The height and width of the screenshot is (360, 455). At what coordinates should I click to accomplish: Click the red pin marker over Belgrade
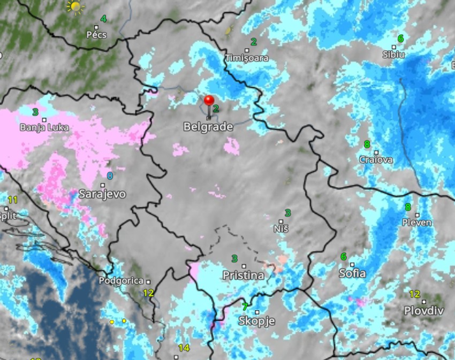click(209, 101)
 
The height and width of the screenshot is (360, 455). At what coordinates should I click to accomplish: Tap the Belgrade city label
click(208, 127)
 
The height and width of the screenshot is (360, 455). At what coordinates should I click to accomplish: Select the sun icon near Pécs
click(75, 7)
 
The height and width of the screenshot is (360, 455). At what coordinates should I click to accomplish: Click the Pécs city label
click(96, 35)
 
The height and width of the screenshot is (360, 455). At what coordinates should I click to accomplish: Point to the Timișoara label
click(247, 58)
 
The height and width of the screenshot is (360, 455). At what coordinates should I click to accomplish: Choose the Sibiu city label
click(393, 54)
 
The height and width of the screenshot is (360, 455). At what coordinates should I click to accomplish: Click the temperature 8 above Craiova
click(367, 144)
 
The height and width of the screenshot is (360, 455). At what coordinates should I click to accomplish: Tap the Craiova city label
click(376, 159)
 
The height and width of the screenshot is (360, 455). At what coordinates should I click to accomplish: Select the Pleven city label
click(417, 222)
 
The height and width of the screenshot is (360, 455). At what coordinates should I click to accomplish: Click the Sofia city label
click(352, 273)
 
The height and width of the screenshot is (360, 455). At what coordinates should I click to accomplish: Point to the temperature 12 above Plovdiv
click(414, 294)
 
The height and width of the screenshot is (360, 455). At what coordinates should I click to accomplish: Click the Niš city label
click(281, 228)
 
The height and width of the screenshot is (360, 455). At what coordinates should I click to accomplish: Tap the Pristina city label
click(244, 275)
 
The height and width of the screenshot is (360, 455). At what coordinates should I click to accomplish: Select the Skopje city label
click(256, 321)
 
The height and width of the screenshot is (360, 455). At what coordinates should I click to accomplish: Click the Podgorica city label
click(121, 281)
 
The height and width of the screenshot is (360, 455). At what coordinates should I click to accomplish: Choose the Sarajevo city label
click(102, 194)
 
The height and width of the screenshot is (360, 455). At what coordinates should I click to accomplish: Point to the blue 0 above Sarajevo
click(110, 175)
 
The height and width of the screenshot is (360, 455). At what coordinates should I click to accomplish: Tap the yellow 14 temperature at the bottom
click(184, 348)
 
